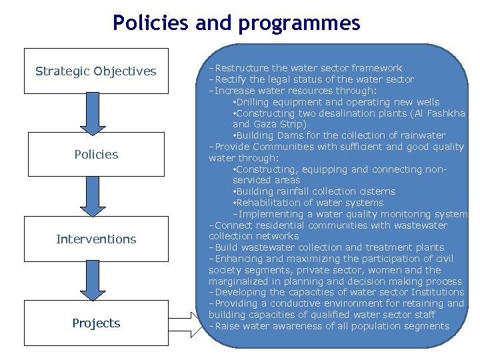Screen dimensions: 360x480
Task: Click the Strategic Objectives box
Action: (x=96, y=71)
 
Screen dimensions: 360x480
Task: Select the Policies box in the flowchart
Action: (x=96, y=154)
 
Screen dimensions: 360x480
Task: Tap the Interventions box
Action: (x=96, y=239)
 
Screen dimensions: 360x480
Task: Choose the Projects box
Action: (x=96, y=323)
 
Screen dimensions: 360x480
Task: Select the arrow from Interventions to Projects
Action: (x=93, y=280)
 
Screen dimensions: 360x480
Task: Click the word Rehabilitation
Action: (x=270, y=203)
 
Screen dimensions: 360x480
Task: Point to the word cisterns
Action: (x=377, y=191)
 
